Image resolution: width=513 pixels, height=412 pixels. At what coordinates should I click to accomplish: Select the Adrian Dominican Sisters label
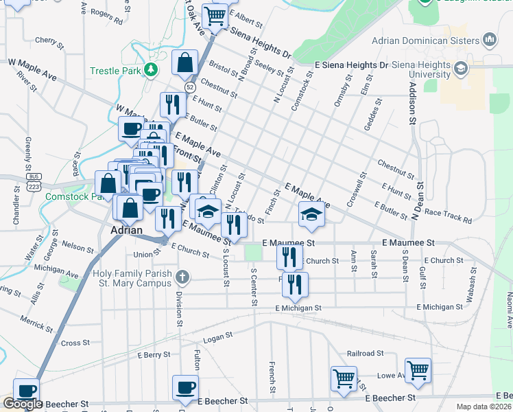pos(426,40)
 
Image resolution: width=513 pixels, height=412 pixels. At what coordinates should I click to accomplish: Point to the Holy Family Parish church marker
pos(182,277)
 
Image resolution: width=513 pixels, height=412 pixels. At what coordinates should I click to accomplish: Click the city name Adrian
pos(127,230)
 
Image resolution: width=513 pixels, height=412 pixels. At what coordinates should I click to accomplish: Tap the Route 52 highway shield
pos(189,87)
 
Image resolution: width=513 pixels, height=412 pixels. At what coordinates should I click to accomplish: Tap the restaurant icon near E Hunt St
pos(171,104)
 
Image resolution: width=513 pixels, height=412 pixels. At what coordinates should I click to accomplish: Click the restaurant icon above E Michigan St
pos(295,284)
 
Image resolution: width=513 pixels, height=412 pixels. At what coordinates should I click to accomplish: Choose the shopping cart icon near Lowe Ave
pos(418,370)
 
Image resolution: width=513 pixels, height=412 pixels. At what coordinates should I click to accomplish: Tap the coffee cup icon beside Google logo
pos(26,391)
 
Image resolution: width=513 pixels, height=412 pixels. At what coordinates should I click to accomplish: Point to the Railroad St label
pos(366,353)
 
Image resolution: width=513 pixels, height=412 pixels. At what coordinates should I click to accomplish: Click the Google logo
pos(22,404)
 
